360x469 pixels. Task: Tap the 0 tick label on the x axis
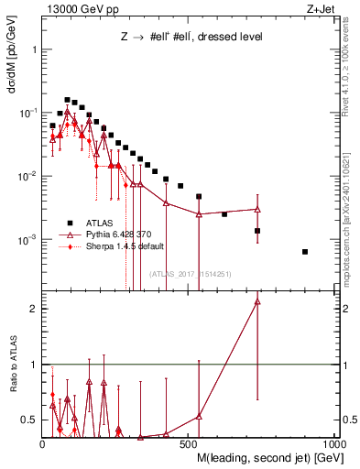tap(43, 445)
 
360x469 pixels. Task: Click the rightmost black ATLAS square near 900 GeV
tap(305, 252)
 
